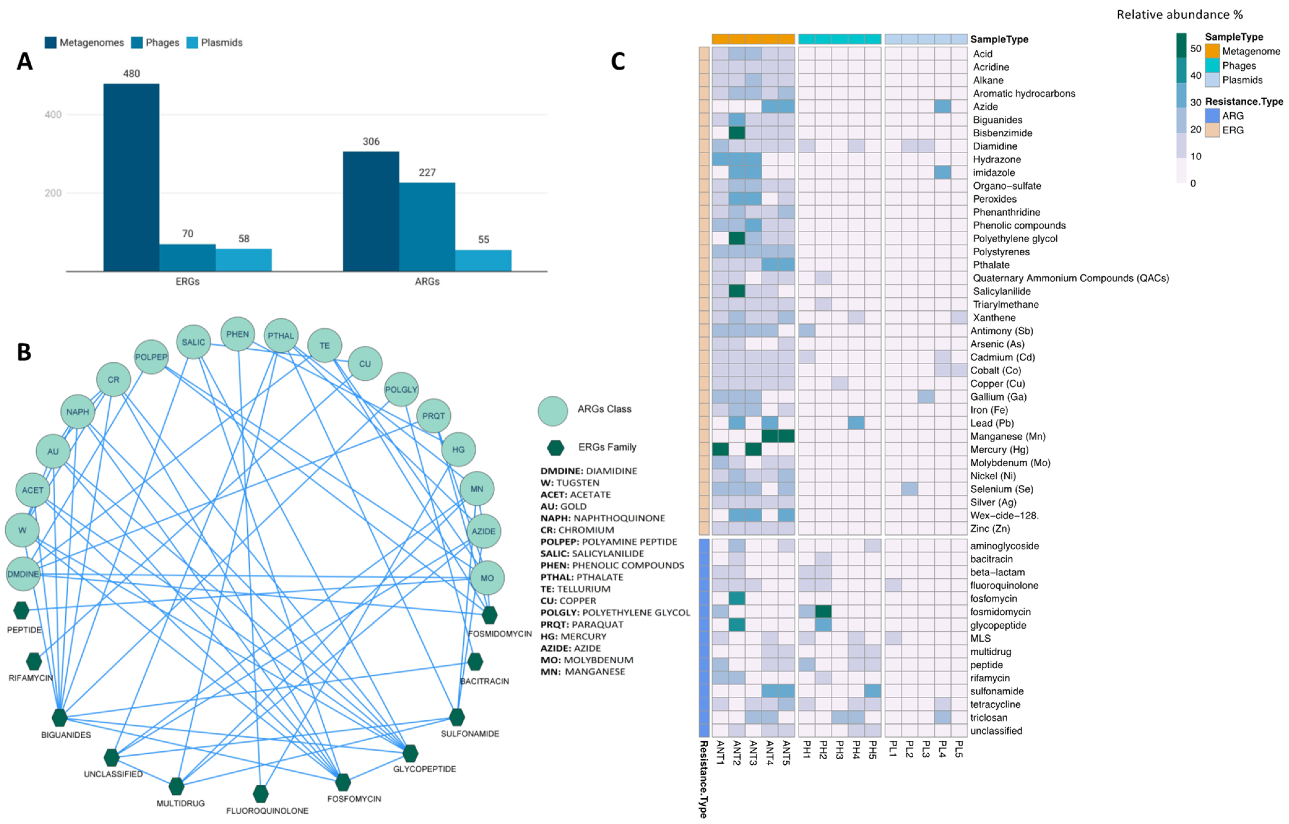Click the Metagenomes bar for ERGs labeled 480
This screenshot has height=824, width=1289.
click(x=131, y=177)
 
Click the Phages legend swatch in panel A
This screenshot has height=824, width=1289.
click(x=137, y=43)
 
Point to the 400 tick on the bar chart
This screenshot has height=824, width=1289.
click(x=53, y=114)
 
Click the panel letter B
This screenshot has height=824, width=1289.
click(x=24, y=352)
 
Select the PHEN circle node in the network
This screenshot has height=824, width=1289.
click(x=237, y=334)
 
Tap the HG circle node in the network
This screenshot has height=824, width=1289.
click(x=458, y=450)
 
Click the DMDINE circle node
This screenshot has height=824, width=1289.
click(x=23, y=574)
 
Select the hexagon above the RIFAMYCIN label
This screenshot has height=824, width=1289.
click(x=34, y=661)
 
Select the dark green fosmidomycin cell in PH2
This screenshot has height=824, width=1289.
click(x=823, y=611)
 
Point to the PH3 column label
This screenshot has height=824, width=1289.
click(x=839, y=749)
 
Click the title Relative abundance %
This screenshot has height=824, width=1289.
click(x=1179, y=15)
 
